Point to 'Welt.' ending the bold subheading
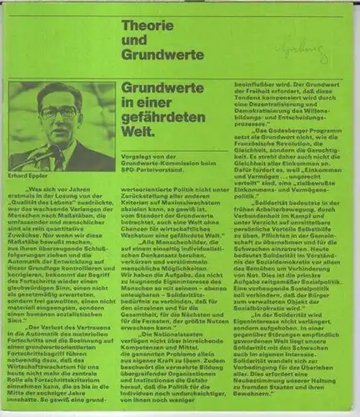137,121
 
